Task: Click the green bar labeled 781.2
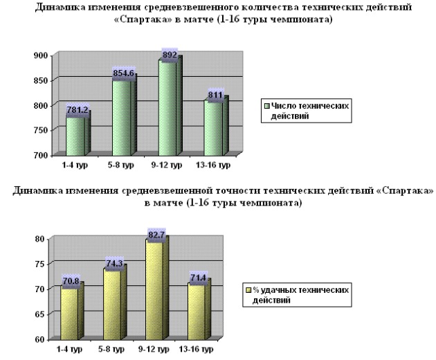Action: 75,135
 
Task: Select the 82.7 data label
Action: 158,236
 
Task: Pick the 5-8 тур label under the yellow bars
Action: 111,350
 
